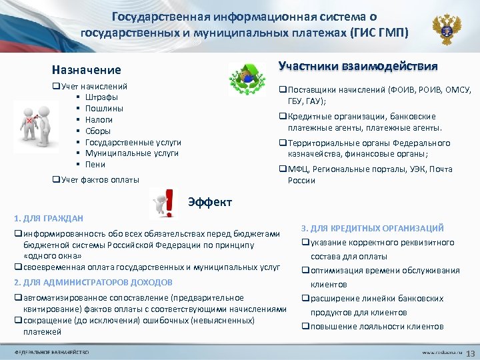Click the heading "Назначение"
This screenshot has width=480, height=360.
[x=87, y=70]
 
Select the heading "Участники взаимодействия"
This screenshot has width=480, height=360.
[x=358, y=66]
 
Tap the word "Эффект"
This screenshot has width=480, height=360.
[x=210, y=201]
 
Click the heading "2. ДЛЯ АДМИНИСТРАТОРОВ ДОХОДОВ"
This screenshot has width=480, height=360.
[x=93, y=283]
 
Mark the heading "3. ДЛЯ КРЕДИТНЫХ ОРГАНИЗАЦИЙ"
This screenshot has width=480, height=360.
[x=372, y=228]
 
